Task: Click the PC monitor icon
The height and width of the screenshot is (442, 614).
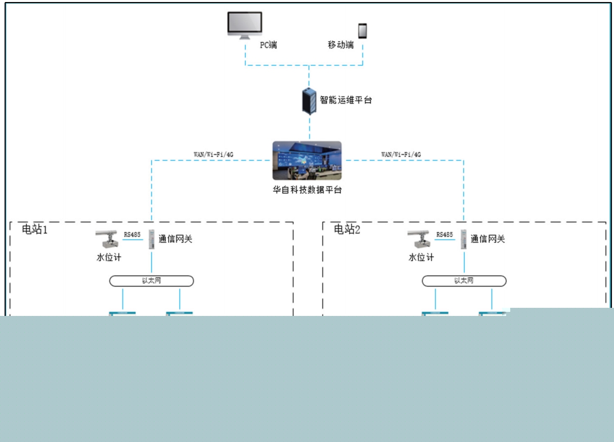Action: [x=244, y=25]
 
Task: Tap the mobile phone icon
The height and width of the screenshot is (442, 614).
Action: [x=362, y=31]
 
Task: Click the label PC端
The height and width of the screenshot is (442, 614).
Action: [x=268, y=45]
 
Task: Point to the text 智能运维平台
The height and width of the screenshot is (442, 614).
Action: [x=346, y=100]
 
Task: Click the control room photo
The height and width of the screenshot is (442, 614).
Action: [x=307, y=160]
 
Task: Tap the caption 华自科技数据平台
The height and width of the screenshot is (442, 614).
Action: [x=307, y=190]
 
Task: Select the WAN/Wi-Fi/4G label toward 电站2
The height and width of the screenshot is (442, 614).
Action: [x=401, y=154]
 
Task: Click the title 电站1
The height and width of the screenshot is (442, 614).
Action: [x=34, y=229]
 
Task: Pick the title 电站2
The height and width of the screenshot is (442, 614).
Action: [x=347, y=229]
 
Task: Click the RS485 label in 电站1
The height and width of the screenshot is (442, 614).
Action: [x=132, y=234]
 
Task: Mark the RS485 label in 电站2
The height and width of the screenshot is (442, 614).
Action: [x=444, y=234]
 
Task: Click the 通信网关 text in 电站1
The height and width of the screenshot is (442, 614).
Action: [x=176, y=239]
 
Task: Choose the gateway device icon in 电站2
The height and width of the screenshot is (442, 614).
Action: [x=463, y=239]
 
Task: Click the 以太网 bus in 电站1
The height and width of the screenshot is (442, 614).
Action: [x=151, y=280]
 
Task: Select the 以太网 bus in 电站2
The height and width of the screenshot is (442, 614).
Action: [x=464, y=280]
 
